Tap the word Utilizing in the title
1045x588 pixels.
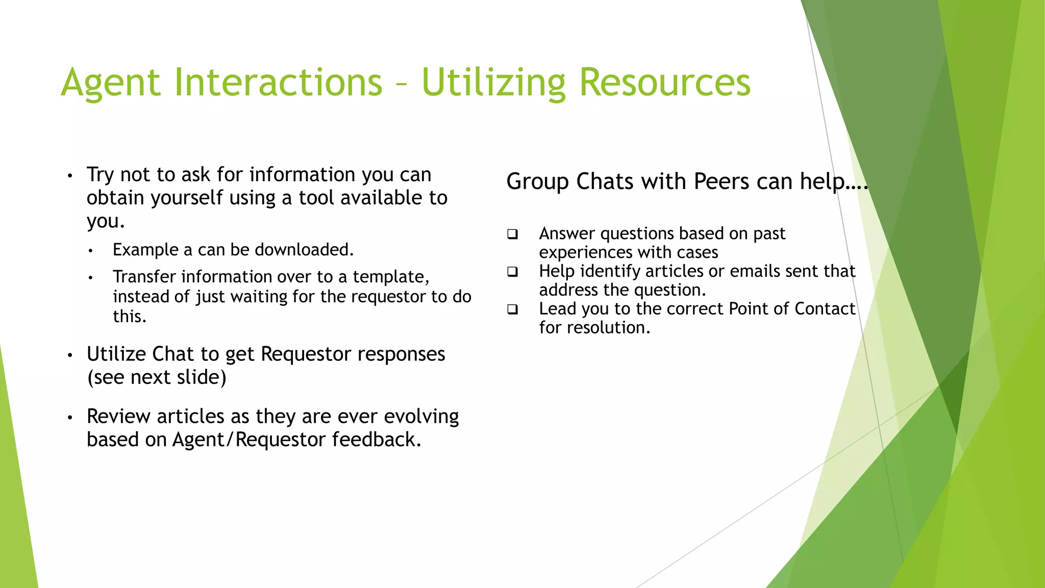(x=493, y=83)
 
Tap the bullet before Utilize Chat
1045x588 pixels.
(x=70, y=355)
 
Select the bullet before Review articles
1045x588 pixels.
(x=70, y=418)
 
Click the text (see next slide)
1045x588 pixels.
(x=157, y=377)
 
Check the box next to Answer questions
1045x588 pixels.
(x=512, y=234)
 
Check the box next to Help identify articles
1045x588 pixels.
(x=512, y=272)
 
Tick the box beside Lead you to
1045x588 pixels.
(x=512, y=309)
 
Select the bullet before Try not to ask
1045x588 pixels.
(x=70, y=176)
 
